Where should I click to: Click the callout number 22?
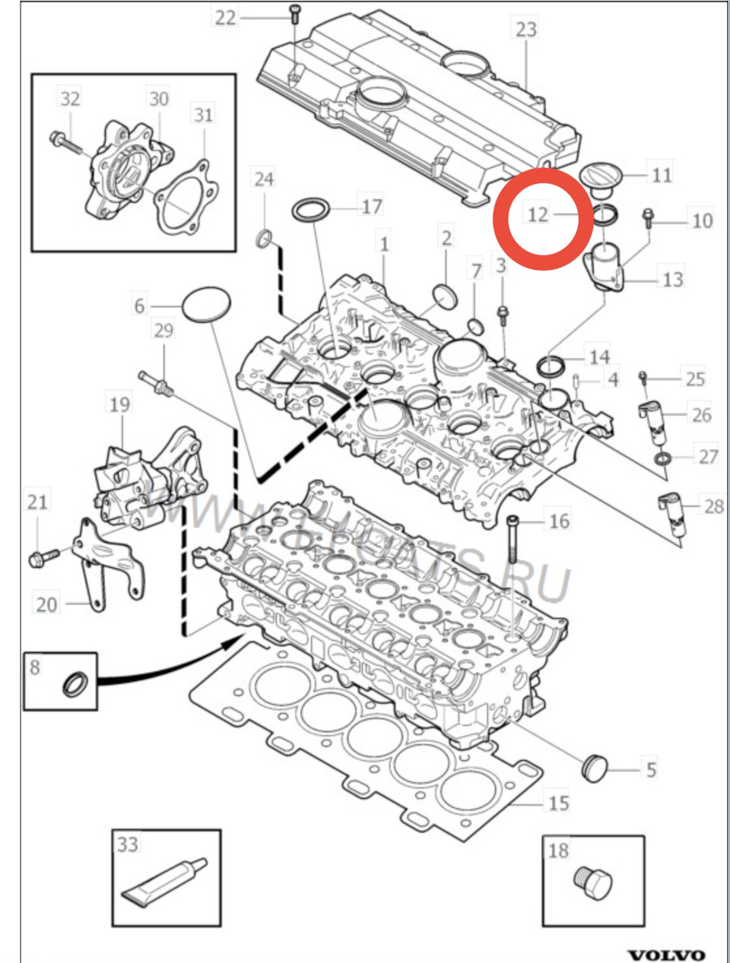(x=225, y=17)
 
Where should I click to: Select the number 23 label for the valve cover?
(x=525, y=30)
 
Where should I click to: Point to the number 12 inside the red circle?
(x=538, y=214)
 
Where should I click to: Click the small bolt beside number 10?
(x=648, y=218)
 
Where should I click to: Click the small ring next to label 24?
(x=264, y=241)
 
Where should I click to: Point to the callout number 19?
(x=119, y=404)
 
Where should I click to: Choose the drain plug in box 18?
(x=592, y=885)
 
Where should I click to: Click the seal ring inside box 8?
(x=75, y=683)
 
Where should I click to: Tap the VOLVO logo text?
(x=665, y=954)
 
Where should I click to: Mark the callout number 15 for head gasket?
(x=559, y=803)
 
